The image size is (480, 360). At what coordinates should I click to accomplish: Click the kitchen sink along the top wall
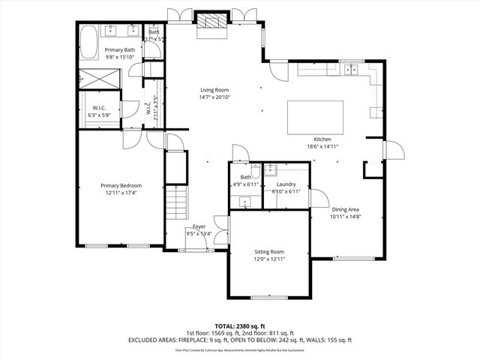click(352, 70)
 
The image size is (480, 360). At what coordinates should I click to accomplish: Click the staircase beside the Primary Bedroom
click(175, 202)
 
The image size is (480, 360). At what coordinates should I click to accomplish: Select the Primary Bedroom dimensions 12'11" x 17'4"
click(121, 193)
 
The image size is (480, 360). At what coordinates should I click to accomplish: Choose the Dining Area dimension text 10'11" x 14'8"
click(346, 217)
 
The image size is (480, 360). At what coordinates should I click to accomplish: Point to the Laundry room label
click(286, 184)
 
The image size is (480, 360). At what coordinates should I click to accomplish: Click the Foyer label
click(199, 226)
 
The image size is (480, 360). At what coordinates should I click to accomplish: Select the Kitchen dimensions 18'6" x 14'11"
click(322, 146)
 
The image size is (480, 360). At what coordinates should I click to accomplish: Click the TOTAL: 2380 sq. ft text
click(240, 326)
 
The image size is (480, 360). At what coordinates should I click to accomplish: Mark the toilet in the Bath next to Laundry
click(256, 169)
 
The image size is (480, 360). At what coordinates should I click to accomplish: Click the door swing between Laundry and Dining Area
click(315, 196)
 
